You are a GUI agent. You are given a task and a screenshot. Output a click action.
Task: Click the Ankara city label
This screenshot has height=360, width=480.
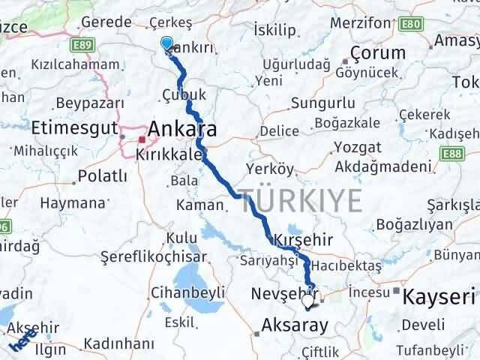(184, 129)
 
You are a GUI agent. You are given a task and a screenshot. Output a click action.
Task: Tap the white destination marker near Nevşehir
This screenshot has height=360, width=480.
(308, 302)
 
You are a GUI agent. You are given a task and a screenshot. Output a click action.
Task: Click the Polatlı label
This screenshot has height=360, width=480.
(101, 178)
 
